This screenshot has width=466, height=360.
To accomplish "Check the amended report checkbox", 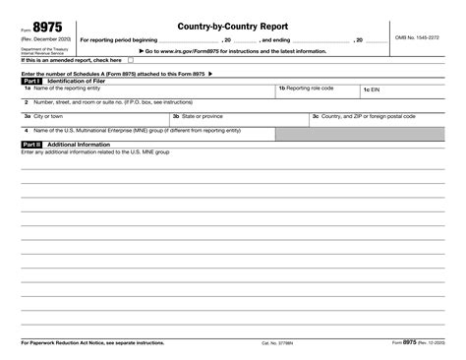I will pos(132,60).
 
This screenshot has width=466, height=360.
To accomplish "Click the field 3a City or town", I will pos(92,120).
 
